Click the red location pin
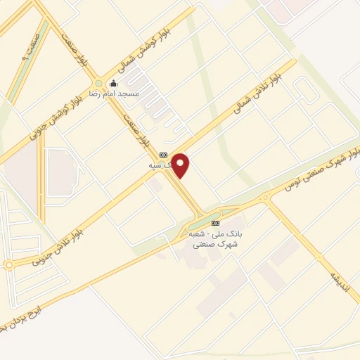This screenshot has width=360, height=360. pyautogui.click(x=181, y=165)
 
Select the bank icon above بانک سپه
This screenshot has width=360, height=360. pyautogui.click(x=163, y=155)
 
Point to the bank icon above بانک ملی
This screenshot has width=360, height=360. pyautogui.click(x=214, y=224)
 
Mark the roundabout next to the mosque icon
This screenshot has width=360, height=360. pyautogui.click(x=99, y=83)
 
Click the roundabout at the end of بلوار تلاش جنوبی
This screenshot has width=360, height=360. pyautogui.click(x=8, y=265)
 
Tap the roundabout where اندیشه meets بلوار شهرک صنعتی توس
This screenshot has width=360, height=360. pyautogui.click(x=266, y=198)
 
